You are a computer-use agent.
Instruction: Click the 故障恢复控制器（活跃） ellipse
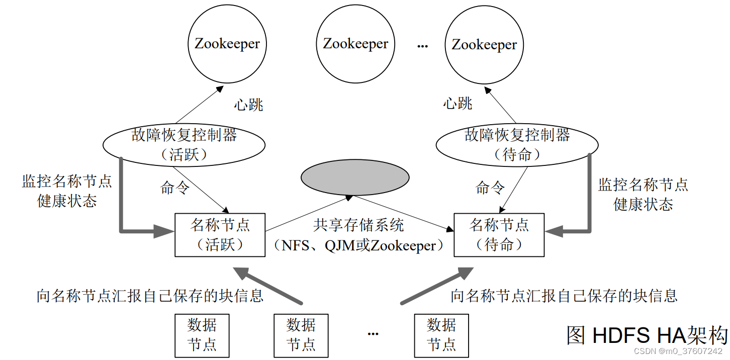click(184, 144)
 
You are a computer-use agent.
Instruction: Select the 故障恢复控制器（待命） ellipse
click(517, 145)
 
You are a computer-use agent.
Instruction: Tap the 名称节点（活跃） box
click(220, 235)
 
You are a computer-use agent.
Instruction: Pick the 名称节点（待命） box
click(499, 235)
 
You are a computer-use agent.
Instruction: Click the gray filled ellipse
click(354, 178)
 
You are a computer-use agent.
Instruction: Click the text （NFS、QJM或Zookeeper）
click(358, 246)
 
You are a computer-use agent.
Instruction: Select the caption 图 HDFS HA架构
click(647, 335)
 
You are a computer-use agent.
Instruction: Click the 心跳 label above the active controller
click(248, 105)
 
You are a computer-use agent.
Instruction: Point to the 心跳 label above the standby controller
click(458, 104)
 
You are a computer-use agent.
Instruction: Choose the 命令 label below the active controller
click(174, 188)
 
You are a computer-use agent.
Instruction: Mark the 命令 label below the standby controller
click(490, 188)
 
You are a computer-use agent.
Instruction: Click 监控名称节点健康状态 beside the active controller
click(67, 192)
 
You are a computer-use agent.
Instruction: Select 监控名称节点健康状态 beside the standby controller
click(643, 194)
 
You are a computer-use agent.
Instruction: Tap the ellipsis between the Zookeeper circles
click(422, 46)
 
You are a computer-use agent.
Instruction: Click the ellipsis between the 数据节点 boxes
click(373, 334)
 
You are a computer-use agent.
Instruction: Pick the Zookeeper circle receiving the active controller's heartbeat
click(227, 44)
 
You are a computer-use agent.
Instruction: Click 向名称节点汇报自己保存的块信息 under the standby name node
click(564, 296)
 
